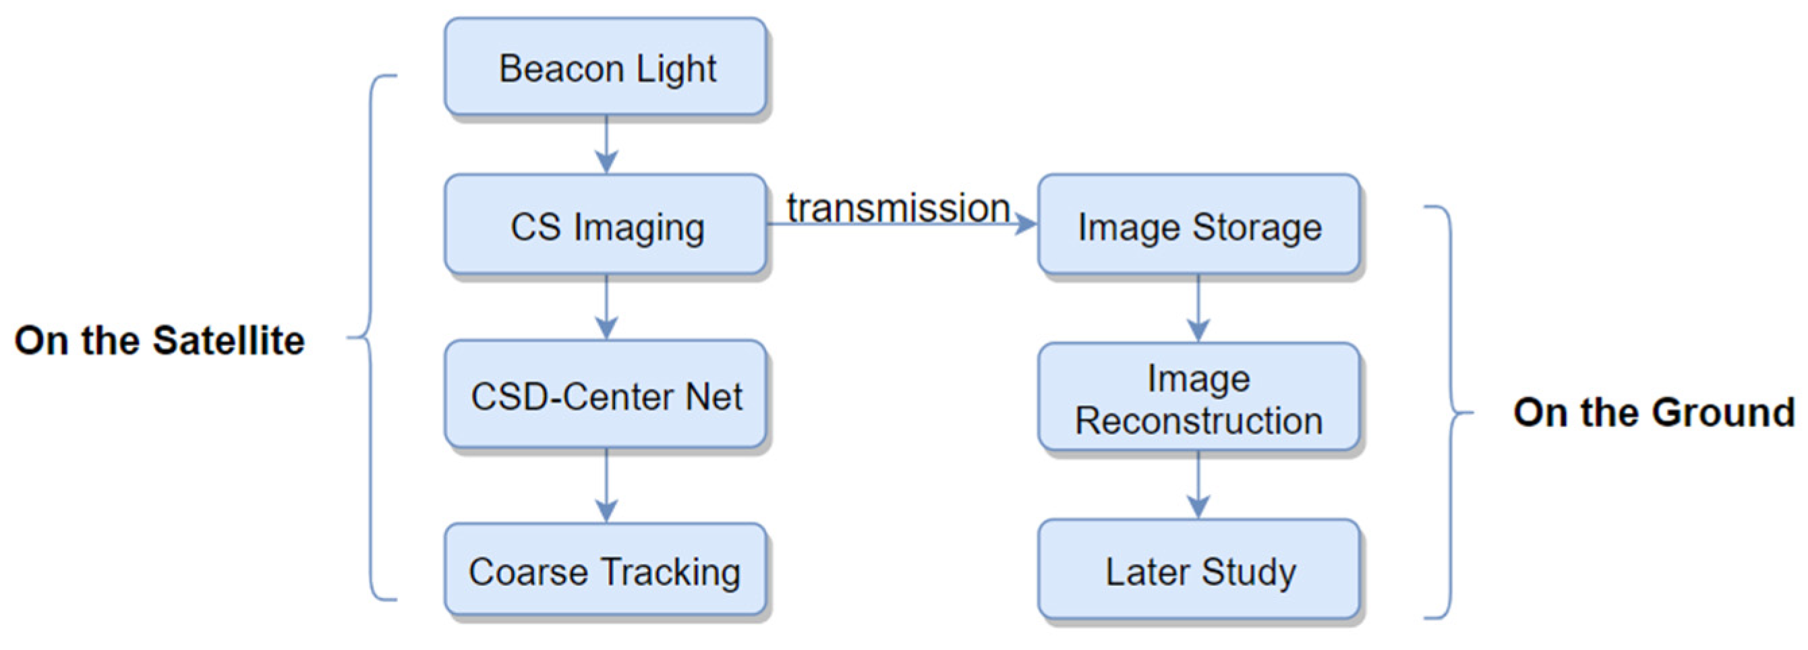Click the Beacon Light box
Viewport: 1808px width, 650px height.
[606, 67]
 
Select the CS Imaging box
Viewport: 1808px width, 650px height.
[606, 225]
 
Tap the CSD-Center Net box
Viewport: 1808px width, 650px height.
[606, 395]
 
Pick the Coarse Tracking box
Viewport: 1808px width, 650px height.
[606, 570]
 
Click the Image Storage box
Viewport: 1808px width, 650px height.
[1199, 225]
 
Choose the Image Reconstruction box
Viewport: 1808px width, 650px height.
[1199, 398]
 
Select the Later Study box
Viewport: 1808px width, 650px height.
[1199, 570]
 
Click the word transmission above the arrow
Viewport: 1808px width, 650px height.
[898, 208]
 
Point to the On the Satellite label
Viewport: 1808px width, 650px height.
[159, 341]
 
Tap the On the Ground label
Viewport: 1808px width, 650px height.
[1654, 412]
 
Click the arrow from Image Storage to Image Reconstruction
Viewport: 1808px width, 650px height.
[1198, 309]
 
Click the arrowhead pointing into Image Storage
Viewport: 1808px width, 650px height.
[1026, 225]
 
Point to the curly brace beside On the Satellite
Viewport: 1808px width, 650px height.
[371, 338]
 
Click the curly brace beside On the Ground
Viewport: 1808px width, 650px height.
[1450, 413]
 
